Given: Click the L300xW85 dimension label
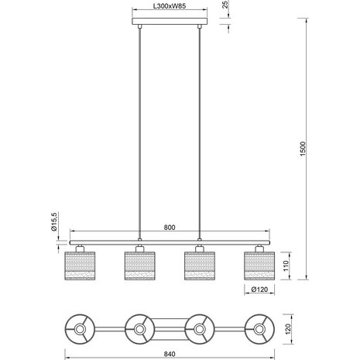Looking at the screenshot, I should pyautogui.click(x=169, y=7).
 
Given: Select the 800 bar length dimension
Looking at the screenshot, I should pyautogui.click(x=169, y=228).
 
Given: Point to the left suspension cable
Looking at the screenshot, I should pyautogui.click(x=139, y=132).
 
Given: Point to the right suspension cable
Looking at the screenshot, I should pyautogui.click(x=200, y=132).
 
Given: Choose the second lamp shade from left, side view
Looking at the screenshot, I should pyautogui.click(x=139, y=266).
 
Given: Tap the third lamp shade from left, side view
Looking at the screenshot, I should pyautogui.click(x=200, y=266).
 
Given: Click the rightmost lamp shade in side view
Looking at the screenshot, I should pyautogui.click(x=259, y=266).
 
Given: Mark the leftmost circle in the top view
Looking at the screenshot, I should pyautogui.click(x=80, y=328).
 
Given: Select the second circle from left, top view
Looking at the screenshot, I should pyautogui.click(x=139, y=328).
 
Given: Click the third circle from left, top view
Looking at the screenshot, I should pyautogui.click(x=200, y=328).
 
